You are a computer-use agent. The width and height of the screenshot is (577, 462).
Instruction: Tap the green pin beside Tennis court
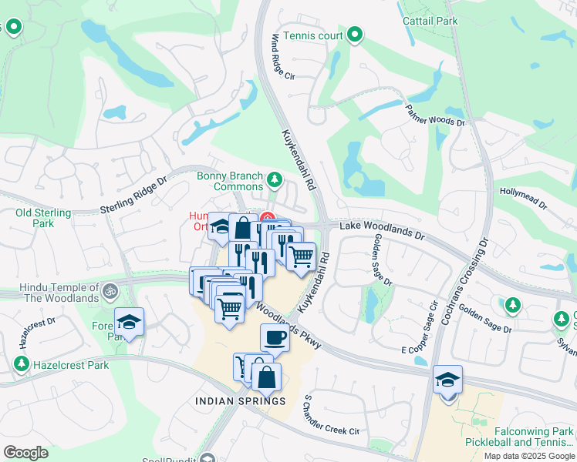click(x=355, y=35)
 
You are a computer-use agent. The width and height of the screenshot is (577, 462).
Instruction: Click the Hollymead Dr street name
click(x=523, y=199)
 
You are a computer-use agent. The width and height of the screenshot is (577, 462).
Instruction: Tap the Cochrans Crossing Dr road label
click(x=461, y=273)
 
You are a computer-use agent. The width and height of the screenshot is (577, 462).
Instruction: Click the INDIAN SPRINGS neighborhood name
click(x=240, y=401)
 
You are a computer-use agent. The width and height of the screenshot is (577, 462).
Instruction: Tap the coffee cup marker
click(x=275, y=336)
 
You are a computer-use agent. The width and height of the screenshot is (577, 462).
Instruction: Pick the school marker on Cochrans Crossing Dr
click(x=447, y=380)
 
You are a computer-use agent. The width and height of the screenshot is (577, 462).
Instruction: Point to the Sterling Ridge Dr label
click(x=133, y=197)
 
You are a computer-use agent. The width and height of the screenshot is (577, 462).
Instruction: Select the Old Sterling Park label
click(x=43, y=218)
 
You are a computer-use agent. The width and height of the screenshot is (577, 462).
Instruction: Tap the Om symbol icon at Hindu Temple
click(x=110, y=292)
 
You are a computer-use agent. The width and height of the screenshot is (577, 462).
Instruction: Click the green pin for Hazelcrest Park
click(x=22, y=364)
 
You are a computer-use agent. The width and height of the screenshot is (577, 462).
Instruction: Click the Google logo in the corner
click(x=25, y=452)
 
